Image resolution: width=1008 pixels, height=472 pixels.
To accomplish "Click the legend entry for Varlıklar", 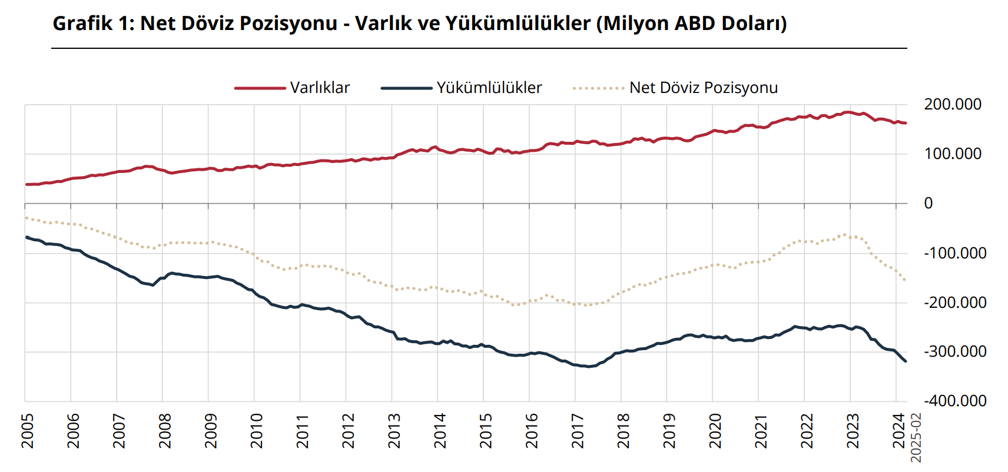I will click(320, 88).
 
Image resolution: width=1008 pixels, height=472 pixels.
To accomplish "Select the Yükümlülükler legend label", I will click(489, 88).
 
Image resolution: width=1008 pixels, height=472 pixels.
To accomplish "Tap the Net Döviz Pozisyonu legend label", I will click(703, 88).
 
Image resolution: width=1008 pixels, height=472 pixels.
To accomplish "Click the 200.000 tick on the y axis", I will click(952, 104).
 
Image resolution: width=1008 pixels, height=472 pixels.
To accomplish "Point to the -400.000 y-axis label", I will click(954, 401).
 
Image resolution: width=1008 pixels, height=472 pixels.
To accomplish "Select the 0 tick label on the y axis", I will click(929, 203).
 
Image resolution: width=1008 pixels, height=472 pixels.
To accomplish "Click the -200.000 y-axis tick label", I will click(954, 303).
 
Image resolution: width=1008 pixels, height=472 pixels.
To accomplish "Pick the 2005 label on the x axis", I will click(28, 430).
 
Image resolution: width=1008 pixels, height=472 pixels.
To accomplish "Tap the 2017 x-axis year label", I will click(578, 430).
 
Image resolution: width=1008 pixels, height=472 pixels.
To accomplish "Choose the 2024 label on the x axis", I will click(898, 430).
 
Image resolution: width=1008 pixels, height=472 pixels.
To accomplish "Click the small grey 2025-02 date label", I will click(916, 437).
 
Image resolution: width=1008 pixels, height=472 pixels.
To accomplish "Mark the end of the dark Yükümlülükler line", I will click(906, 361).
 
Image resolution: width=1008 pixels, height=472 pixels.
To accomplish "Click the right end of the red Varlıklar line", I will click(906, 123).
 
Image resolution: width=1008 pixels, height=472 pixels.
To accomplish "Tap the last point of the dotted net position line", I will click(905, 280).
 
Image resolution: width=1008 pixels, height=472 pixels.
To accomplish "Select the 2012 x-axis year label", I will click(349, 430).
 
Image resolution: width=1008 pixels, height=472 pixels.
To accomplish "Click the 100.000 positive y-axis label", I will click(952, 154).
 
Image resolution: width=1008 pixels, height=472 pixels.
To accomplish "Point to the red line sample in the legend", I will click(260, 88).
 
